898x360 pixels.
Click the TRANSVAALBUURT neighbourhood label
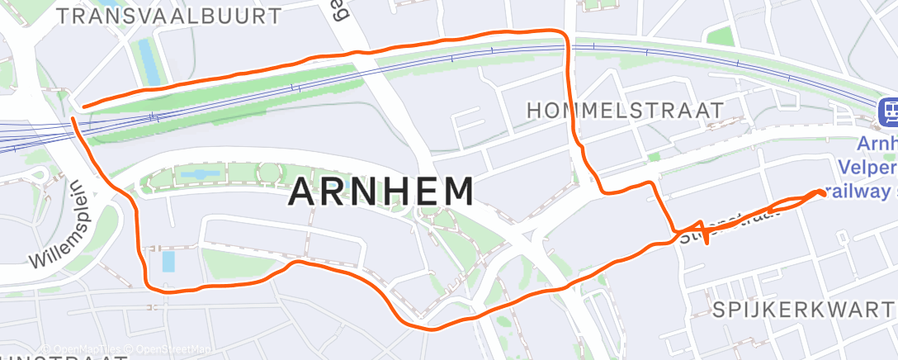[x=170, y=16]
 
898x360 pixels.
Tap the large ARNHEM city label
[x=382, y=192]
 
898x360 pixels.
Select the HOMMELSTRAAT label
[x=625, y=110]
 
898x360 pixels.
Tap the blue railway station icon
[x=888, y=111]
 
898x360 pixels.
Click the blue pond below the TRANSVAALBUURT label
[x=148, y=61]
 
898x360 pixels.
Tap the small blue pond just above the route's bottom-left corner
[x=169, y=262]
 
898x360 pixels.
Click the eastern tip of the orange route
[x=823, y=192]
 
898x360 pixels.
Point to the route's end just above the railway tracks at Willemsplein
[x=84, y=106]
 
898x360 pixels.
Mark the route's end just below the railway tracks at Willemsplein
[x=74, y=120]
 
